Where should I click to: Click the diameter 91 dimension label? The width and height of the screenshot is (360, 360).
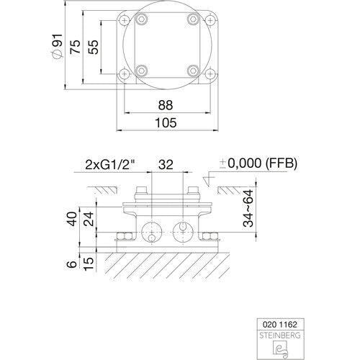58,45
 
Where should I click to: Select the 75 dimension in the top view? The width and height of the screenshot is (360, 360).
75,47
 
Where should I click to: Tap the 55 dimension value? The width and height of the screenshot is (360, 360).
93,47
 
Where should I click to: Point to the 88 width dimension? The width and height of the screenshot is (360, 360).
166,105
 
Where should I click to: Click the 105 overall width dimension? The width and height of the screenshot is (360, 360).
166,122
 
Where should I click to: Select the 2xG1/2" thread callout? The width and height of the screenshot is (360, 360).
110,165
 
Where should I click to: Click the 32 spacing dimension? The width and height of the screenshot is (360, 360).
166,165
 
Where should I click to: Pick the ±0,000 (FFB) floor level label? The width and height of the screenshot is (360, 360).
258,163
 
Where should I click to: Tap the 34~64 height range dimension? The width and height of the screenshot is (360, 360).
248,208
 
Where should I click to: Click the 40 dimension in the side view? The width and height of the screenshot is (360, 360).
73,219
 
